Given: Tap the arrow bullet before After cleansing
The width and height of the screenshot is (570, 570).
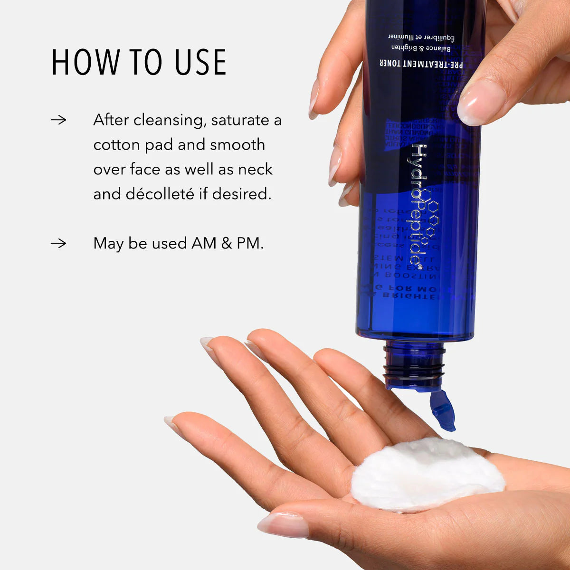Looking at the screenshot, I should (58, 120).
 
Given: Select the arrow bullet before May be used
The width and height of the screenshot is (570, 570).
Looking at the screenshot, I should (58, 243).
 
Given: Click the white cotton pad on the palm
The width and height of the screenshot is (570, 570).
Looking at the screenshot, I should (427, 475).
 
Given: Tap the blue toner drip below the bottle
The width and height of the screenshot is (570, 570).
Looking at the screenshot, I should (443, 409).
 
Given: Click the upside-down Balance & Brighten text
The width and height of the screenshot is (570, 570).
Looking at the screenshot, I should (421, 47).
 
